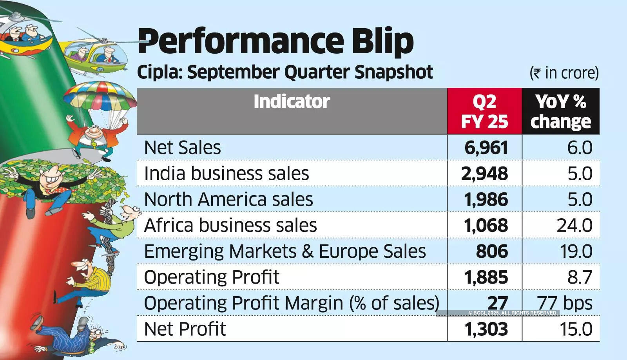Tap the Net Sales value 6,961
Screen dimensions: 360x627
pyautogui.click(x=486, y=148)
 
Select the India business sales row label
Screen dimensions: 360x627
pyautogui.click(x=227, y=174)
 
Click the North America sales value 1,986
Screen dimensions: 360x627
pyautogui.click(x=486, y=199)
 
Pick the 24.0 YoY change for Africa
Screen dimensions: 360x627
pyautogui.click(x=574, y=225)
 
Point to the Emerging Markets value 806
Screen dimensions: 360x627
pyautogui.click(x=492, y=251)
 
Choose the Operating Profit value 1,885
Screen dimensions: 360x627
pyautogui.click(x=486, y=277)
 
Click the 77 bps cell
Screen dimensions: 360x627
pyautogui.click(x=565, y=303)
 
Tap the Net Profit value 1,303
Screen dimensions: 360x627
pyautogui.click(x=486, y=329)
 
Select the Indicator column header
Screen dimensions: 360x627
pyautogui.click(x=292, y=101)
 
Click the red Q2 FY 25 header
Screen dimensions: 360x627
pyautogui.click(x=484, y=111)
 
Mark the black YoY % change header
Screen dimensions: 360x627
pyautogui.click(x=561, y=111)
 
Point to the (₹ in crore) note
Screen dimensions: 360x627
pyautogui.click(x=564, y=73)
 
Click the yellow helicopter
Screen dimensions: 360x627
pyautogui.click(x=96, y=57)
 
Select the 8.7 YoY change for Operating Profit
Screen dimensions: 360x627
pyautogui.click(x=580, y=277)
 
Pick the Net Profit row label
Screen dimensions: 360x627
pyautogui.click(x=185, y=329)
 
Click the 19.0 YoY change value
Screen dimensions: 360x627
pyautogui.click(x=576, y=251)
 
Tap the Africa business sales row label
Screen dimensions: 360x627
pyautogui.click(x=230, y=225)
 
